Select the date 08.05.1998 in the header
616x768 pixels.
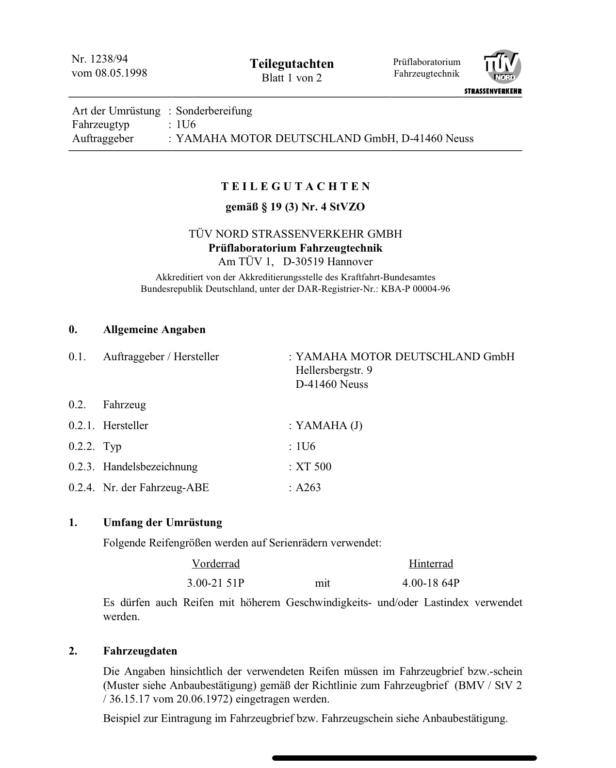pyautogui.click(x=124, y=73)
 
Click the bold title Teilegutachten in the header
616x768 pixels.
pyautogui.click(x=292, y=64)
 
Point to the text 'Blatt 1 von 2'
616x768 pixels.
pyautogui.click(x=292, y=78)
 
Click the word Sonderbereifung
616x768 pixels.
pyautogui.click(x=214, y=111)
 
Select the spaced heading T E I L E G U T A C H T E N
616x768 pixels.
pyautogui.click(x=296, y=187)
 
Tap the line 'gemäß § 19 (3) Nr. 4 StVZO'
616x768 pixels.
pyautogui.click(x=295, y=207)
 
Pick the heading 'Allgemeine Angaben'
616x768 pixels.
pyautogui.click(x=154, y=330)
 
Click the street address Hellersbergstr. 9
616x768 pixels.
pyautogui.click(x=334, y=370)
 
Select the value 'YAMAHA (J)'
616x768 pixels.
pyautogui.click(x=329, y=426)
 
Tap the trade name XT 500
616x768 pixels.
pyautogui.click(x=313, y=467)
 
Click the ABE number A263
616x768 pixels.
pyautogui.click(x=308, y=488)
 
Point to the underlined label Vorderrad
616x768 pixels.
pyautogui.click(x=216, y=564)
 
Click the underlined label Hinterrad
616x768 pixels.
pyautogui.click(x=431, y=564)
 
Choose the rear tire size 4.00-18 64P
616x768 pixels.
pyautogui.click(x=431, y=583)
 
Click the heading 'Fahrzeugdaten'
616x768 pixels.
pyautogui.click(x=140, y=651)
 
